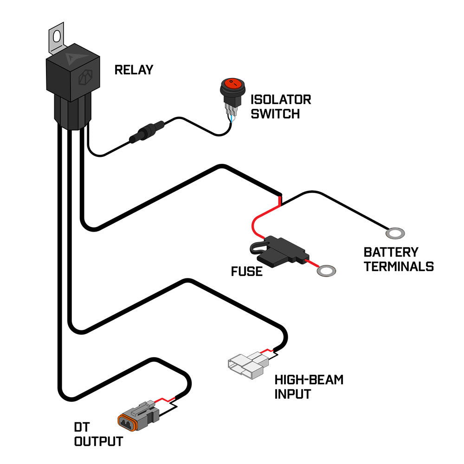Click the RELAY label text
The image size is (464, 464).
[133, 70]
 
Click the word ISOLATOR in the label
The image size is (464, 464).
[281, 99]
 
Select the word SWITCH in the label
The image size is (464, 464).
[275, 114]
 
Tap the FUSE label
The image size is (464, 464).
[246, 271]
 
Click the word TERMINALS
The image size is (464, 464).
[399, 267]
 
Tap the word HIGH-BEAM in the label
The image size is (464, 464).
[309, 380]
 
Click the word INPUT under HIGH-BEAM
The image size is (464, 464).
[292, 394]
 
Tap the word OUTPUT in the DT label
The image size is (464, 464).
[98, 441]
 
